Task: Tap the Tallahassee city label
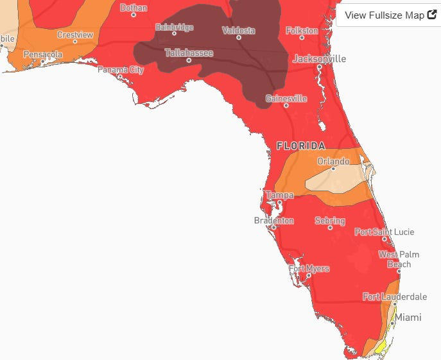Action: [189, 53]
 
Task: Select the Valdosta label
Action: [238, 30]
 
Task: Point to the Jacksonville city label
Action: [319, 58]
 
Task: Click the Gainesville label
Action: [286, 99]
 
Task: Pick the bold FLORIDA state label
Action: [300, 146]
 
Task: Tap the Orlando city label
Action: [333, 161]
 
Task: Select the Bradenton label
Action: [274, 221]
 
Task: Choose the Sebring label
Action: [330, 221]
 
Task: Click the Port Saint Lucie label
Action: [385, 232]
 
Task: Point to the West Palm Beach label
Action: [398, 259]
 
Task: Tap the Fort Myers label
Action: [309, 269]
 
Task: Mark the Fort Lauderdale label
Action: [395, 296]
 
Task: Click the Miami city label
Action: [408, 317]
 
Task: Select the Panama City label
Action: [121, 69]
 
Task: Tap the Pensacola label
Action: [43, 55]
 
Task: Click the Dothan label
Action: [134, 8]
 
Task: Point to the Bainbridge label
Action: [174, 27]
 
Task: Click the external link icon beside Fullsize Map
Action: [432, 14]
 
